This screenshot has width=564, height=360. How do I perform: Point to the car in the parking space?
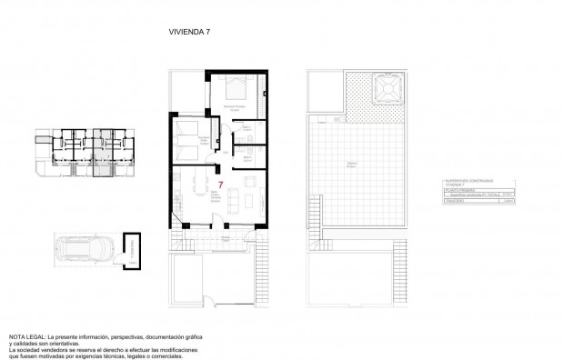coord(86,248)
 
